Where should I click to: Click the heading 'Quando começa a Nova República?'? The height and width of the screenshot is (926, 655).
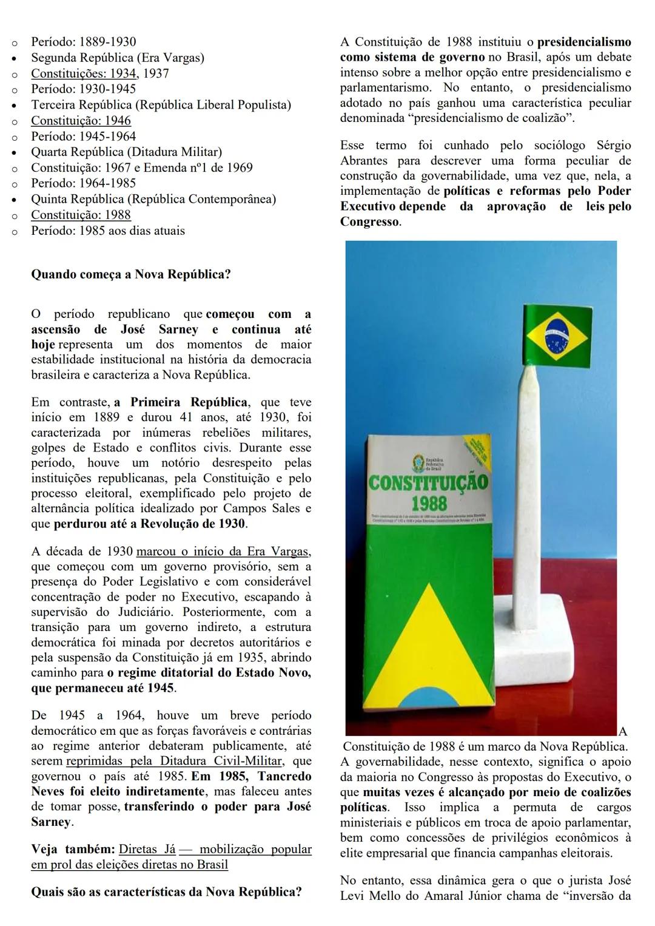[130, 274]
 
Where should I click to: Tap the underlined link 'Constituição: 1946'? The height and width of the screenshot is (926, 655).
[81, 120]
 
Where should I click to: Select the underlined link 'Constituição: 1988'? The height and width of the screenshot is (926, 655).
[81, 215]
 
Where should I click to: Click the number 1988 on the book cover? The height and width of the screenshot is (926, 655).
[429, 503]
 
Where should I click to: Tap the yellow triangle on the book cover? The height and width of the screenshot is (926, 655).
[425, 643]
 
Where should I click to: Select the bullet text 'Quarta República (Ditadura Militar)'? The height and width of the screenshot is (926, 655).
[126, 152]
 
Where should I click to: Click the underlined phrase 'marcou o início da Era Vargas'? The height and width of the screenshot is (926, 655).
[223, 552]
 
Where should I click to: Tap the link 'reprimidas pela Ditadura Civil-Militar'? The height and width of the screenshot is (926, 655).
[173, 761]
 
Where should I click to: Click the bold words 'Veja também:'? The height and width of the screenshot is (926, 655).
[72, 850]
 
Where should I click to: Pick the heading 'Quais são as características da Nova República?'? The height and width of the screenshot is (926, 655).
[166, 892]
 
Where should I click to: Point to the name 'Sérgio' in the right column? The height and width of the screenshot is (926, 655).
[613, 146]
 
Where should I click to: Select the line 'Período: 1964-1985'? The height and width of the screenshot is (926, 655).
[83, 183]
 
